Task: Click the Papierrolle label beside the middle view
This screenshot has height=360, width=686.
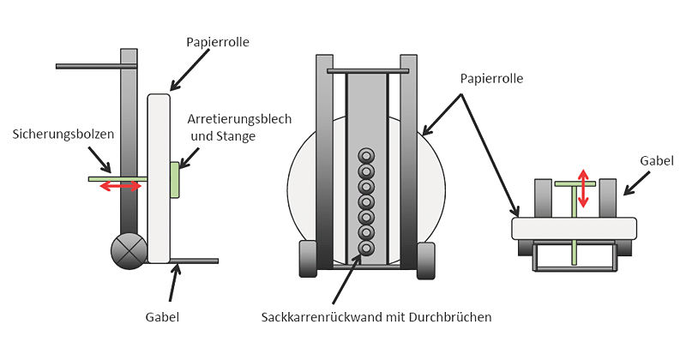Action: pyautogui.click(x=491, y=78)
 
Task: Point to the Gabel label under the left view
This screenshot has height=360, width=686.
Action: pyautogui.click(x=162, y=317)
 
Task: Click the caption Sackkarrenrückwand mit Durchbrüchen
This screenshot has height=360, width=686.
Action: pyautogui.click(x=376, y=317)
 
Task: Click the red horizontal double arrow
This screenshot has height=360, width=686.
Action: pyautogui.click(x=121, y=186)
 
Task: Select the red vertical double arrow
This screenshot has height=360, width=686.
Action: pyautogui.click(x=584, y=189)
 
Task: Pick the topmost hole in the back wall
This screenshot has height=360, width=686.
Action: pyautogui.click(x=366, y=156)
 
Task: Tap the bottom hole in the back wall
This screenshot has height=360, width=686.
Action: pyautogui.click(x=366, y=249)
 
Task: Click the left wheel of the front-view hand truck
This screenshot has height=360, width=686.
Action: pyautogui.click(x=307, y=260)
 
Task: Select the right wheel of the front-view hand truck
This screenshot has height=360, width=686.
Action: pyautogui.click(x=426, y=260)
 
